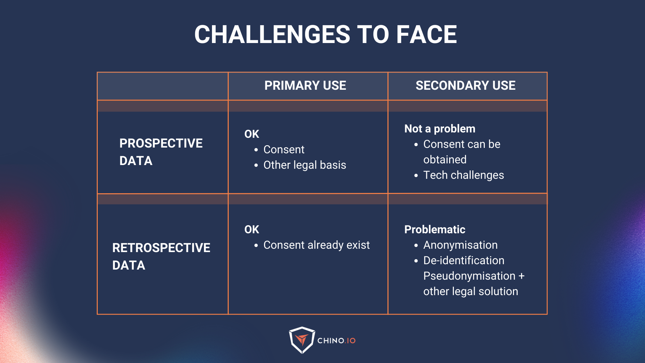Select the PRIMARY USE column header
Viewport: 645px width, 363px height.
[x=305, y=85]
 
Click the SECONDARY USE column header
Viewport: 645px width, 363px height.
[x=465, y=85]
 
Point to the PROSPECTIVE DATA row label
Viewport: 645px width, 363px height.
[x=161, y=152]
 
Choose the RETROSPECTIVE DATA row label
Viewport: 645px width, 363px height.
[x=161, y=256]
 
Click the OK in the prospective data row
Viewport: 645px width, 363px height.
[x=252, y=134]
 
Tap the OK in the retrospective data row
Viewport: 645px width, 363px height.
[x=252, y=230]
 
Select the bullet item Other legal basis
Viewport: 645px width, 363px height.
[x=304, y=165]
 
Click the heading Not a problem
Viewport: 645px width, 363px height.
[x=440, y=129]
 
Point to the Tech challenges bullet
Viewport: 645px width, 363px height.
[x=463, y=175]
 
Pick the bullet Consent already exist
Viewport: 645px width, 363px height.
[x=316, y=245]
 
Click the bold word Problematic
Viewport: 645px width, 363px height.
[x=435, y=230]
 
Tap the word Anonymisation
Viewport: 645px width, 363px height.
[x=460, y=245]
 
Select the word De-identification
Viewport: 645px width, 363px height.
[x=464, y=260]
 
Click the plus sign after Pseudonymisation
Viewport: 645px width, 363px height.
[x=521, y=276]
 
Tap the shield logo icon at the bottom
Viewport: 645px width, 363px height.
[x=302, y=340]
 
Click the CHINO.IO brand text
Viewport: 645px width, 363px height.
[x=336, y=341]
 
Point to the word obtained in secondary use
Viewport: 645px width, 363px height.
[x=445, y=160]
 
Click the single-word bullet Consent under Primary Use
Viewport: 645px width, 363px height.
[x=284, y=150]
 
